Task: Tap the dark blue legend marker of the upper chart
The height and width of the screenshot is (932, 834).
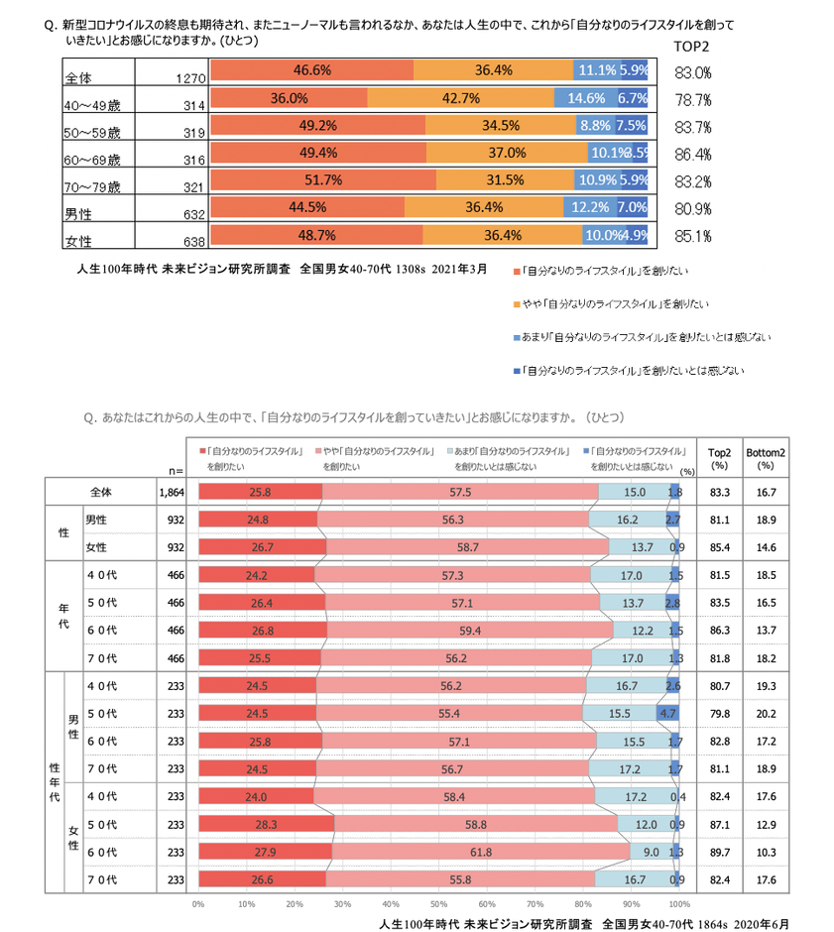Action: (x=517, y=370)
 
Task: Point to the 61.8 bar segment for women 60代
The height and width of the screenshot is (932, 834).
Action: (x=481, y=851)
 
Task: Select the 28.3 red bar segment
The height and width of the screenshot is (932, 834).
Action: (x=266, y=823)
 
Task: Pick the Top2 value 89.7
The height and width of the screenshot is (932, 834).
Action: (x=721, y=851)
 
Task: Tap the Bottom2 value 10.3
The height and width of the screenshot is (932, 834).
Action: (x=766, y=851)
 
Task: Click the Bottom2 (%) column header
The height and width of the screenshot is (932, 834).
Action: (x=766, y=457)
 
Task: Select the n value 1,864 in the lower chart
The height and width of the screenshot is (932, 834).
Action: (x=172, y=492)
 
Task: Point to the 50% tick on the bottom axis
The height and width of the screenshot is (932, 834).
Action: (x=438, y=903)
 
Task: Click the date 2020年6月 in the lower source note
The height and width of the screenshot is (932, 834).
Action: (x=764, y=922)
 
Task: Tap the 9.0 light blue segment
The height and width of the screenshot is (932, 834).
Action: (x=652, y=851)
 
